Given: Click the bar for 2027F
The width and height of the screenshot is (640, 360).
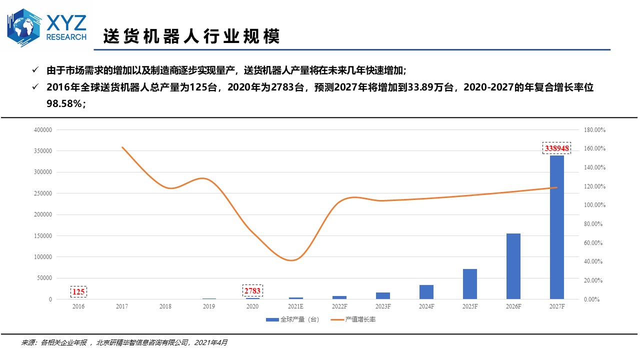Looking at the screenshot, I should coord(556,227).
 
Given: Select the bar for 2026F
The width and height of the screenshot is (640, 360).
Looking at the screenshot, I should coord(513,266).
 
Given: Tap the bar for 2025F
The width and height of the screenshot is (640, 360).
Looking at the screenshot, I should coord(469,284).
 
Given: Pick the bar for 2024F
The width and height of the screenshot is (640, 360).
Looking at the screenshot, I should coord(426,292).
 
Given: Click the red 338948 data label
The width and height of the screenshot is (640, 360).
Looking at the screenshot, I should coord(556,148).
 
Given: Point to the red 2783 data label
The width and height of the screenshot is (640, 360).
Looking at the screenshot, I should coord(252,290).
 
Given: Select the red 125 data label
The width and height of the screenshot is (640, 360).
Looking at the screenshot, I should coord(78,291).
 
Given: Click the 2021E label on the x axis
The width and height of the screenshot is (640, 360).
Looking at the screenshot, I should coord(296,306).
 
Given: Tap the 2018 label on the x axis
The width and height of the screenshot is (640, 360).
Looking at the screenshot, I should coord(165,306).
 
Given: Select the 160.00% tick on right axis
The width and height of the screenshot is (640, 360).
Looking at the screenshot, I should coord(594,149).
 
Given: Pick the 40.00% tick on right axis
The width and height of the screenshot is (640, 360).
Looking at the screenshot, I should coord(594,262).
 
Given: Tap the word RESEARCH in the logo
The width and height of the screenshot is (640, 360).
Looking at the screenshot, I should coord(66,37).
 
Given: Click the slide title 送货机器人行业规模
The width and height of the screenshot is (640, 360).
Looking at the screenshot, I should coord(191,36).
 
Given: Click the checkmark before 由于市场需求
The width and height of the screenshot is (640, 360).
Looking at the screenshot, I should coord(35,69).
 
